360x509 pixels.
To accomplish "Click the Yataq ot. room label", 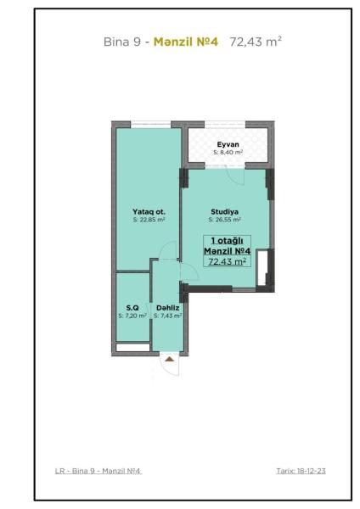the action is coord(149,211).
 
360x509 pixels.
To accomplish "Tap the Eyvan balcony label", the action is coord(228,144).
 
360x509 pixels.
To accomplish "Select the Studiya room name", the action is coord(224,211).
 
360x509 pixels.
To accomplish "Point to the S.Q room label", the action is coord(132,308).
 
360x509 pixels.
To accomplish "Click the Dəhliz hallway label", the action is coord(167,308).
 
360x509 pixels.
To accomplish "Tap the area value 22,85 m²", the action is coord(152,220).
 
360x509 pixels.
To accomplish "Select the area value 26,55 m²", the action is coord(228,220).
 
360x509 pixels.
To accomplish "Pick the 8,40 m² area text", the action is coord(231,152).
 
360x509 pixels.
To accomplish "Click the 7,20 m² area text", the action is coord(136,316).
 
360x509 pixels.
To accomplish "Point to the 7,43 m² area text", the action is coord(171,316).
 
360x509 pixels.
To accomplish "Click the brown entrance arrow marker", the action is coord(169,359).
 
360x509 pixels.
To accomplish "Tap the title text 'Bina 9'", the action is coord(122,42).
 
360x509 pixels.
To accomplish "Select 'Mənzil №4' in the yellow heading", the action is coord(186,42).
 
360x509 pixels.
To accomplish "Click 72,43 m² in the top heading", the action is coord(256,42).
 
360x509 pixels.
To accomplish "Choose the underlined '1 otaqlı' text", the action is coord(227,241).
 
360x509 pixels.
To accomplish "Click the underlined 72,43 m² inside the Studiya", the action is coord(227,261).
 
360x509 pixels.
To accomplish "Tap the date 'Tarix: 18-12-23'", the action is coord(301,471).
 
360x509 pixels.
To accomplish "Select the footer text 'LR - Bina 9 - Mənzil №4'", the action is coord(98,471).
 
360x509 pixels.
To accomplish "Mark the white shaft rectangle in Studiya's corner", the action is coord(262,267).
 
